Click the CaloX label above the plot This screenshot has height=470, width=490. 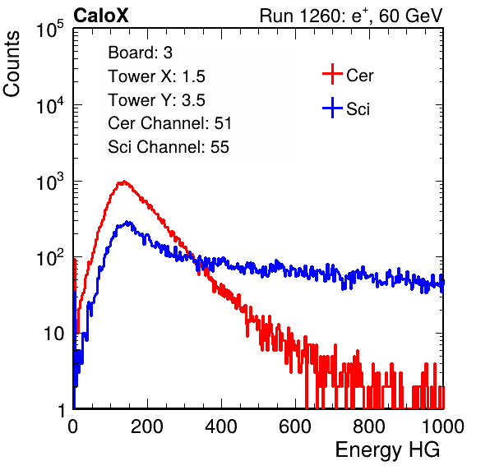[x=101, y=16]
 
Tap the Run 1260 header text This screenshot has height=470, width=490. [x=351, y=16]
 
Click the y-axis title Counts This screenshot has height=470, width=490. [x=12, y=64]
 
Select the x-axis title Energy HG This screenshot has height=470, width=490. [x=387, y=450]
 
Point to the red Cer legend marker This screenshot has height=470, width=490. [x=332, y=74]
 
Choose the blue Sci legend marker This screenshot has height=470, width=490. [x=332, y=108]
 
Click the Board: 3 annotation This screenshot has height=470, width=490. [x=141, y=53]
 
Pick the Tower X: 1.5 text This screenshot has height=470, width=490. [x=156, y=76]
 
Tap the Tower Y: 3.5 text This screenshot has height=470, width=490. [x=156, y=100]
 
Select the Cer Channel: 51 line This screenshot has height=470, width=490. [x=169, y=123]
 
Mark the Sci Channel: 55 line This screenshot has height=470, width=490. [x=169, y=147]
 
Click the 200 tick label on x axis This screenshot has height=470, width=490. [x=147, y=426]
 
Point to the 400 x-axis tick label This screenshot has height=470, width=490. [x=221, y=426]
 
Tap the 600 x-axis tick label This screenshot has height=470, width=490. [x=295, y=426]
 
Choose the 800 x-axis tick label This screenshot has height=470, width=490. [x=369, y=426]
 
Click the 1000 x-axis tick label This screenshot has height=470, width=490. [x=443, y=426]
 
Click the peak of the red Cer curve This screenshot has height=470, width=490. [x=124, y=181]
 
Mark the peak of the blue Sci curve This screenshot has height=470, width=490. [x=127, y=222]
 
